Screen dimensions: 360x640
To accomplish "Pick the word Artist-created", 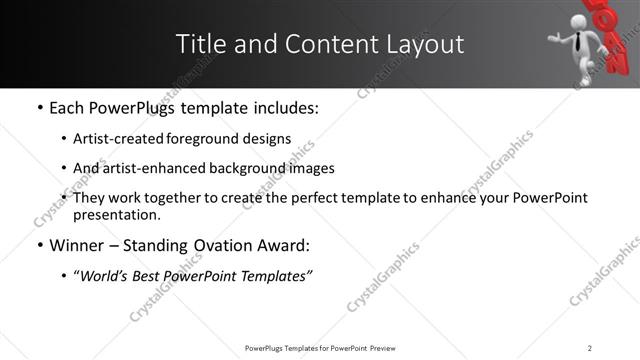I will coord(116,139).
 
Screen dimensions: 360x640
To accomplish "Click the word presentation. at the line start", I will coord(116,214).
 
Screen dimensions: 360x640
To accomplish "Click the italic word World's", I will coord(108,275).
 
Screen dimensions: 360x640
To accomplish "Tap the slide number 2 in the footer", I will coord(590,348).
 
